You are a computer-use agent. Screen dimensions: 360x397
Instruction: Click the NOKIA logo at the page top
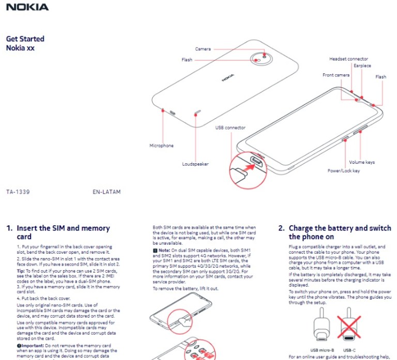pyautogui.click(x=27, y=7)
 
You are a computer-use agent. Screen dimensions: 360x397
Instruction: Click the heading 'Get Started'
pyautogui.click(x=25, y=39)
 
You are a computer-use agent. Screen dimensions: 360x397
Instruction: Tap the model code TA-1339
pyautogui.click(x=18, y=192)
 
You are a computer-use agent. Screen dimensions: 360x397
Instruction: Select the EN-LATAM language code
pyautogui.click(x=106, y=192)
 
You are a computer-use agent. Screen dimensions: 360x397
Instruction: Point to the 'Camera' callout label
pyautogui.click(x=203, y=49)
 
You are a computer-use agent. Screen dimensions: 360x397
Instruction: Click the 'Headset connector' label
pyautogui.click(x=348, y=59)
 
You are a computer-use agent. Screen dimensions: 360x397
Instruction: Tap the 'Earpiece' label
pyautogui.click(x=362, y=66)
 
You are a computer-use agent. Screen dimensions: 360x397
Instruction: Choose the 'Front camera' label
pyautogui.click(x=336, y=75)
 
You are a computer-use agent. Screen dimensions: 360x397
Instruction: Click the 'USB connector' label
pyautogui.click(x=231, y=128)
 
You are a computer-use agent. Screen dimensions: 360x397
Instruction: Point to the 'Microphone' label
pyautogui.click(x=161, y=146)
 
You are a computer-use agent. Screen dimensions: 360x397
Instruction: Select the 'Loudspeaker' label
pyautogui.click(x=195, y=164)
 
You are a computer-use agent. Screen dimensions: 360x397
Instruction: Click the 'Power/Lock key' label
pyautogui.click(x=343, y=170)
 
